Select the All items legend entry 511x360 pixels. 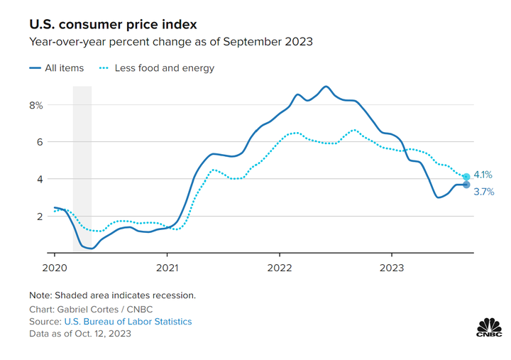click(57, 68)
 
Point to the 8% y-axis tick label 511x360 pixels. click(36, 105)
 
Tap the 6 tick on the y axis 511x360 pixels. click(40, 142)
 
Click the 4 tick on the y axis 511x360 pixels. click(40, 179)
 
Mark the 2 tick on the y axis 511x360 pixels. click(40, 216)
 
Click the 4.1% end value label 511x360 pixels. click(483, 175)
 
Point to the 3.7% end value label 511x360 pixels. click(483, 191)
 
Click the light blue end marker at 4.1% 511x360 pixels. click(466, 177)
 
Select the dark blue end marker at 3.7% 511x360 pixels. click(466, 185)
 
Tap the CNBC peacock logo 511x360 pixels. click(488, 327)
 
